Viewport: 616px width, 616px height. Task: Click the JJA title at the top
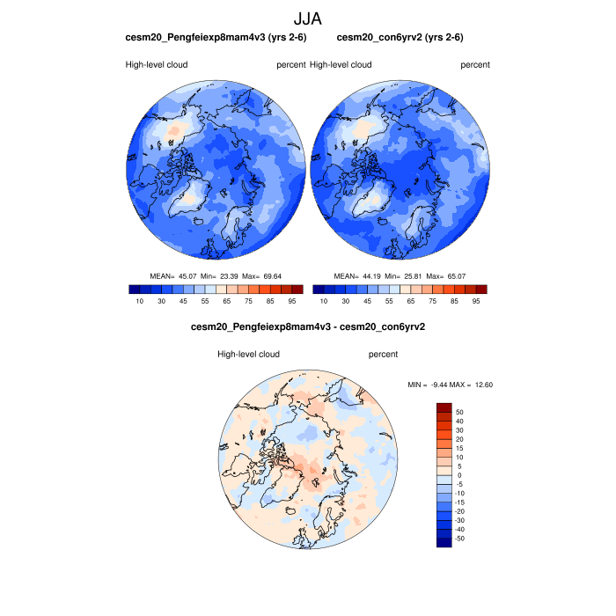coord(308,18)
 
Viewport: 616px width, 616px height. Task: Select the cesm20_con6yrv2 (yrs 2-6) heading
coord(400,38)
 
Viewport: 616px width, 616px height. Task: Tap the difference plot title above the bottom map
coord(308,327)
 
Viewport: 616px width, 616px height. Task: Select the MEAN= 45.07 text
coord(173,276)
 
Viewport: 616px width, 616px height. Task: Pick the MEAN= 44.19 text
coord(358,276)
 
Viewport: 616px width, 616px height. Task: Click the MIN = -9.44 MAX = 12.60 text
coord(451,385)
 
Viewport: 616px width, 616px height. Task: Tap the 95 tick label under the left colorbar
coord(290,301)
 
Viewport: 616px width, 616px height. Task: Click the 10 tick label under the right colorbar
coord(324,301)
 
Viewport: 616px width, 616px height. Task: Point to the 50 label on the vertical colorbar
coord(459,411)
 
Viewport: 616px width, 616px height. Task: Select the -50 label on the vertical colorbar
coord(461,537)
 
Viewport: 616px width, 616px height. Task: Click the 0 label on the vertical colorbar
coord(458,474)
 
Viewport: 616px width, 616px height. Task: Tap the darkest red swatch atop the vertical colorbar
coord(444,407)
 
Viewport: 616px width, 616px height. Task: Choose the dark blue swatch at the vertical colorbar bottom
coord(444,541)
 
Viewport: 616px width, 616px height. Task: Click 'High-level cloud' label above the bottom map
coord(248,355)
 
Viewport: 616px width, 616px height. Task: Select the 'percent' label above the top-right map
coord(475,65)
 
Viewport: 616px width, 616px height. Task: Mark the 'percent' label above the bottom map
coord(383,355)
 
